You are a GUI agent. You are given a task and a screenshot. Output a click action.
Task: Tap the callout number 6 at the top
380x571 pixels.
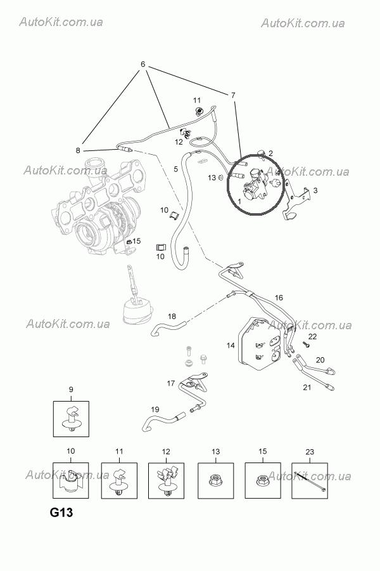(x=143, y=65)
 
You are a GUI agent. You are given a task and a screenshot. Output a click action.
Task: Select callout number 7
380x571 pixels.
(x=233, y=95)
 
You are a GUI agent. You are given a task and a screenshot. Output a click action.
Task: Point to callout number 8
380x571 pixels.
(x=78, y=150)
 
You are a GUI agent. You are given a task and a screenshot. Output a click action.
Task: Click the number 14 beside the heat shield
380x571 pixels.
(x=231, y=345)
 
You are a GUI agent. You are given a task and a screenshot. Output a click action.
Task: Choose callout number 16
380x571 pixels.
(x=279, y=297)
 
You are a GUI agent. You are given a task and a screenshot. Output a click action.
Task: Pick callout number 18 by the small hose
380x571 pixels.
(x=172, y=315)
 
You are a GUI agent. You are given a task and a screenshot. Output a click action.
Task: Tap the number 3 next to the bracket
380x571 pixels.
(x=315, y=190)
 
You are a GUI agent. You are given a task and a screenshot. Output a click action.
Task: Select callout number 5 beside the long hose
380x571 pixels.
(x=176, y=169)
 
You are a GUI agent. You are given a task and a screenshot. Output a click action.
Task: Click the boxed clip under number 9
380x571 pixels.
(x=71, y=419)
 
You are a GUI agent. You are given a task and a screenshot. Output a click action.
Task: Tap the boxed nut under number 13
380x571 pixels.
(x=215, y=480)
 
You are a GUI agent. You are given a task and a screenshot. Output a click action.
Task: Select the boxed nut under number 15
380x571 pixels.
(x=263, y=480)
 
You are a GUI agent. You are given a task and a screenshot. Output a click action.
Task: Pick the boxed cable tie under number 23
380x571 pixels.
(x=310, y=481)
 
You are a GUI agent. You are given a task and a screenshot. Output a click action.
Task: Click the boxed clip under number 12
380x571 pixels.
(x=166, y=480)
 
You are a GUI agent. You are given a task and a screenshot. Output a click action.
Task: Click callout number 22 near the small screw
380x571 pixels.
(x=312, y=336)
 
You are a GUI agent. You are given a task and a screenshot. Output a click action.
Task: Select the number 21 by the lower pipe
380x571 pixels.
(x=307, y=387)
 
